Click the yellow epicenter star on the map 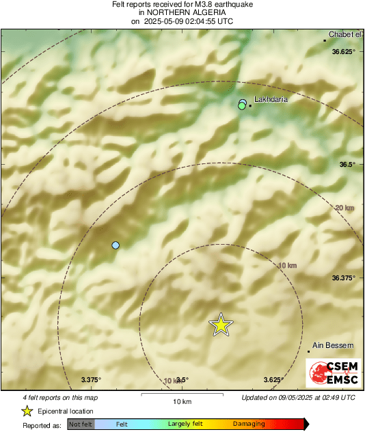click(221, 325)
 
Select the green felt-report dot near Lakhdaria click(241, 107)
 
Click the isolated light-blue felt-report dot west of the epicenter click(116, 245)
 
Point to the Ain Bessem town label click(327, 346)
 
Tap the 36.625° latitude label click(344, 52)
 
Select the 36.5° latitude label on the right click(348, 165)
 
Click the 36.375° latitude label click(344, 278)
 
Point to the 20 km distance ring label click(344, 208)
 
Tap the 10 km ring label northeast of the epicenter click(288, 265)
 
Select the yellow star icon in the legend click(27, 411)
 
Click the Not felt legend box click(81, 424)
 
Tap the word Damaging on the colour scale click(249, 424)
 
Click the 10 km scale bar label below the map click(181, 401)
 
